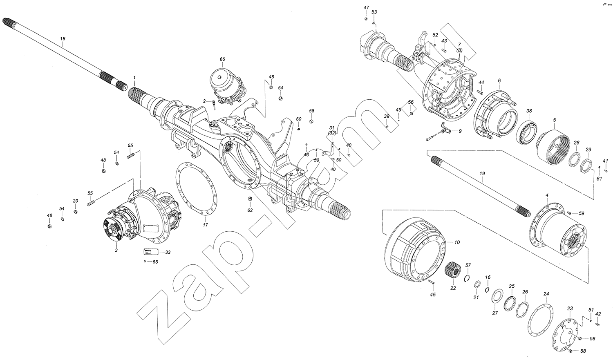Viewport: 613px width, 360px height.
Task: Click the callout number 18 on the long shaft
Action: [x=63, y=38]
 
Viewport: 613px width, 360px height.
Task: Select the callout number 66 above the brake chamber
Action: [x=222, y=59]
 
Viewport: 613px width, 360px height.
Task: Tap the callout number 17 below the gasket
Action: [x=205, y=225]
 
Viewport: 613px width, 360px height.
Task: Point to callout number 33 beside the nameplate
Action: [x=168, y=252]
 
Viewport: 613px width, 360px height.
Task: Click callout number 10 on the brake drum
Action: [x=457, y=242]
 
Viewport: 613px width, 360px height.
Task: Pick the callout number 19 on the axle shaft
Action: [x=482, y=173]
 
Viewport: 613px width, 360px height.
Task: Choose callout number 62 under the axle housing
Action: [x=250, y=210]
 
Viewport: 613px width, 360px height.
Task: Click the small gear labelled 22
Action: [x=452, y=270]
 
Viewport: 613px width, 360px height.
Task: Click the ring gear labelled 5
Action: [x=553, y=148]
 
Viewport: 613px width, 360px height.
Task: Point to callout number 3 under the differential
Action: [x=116, y=250]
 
